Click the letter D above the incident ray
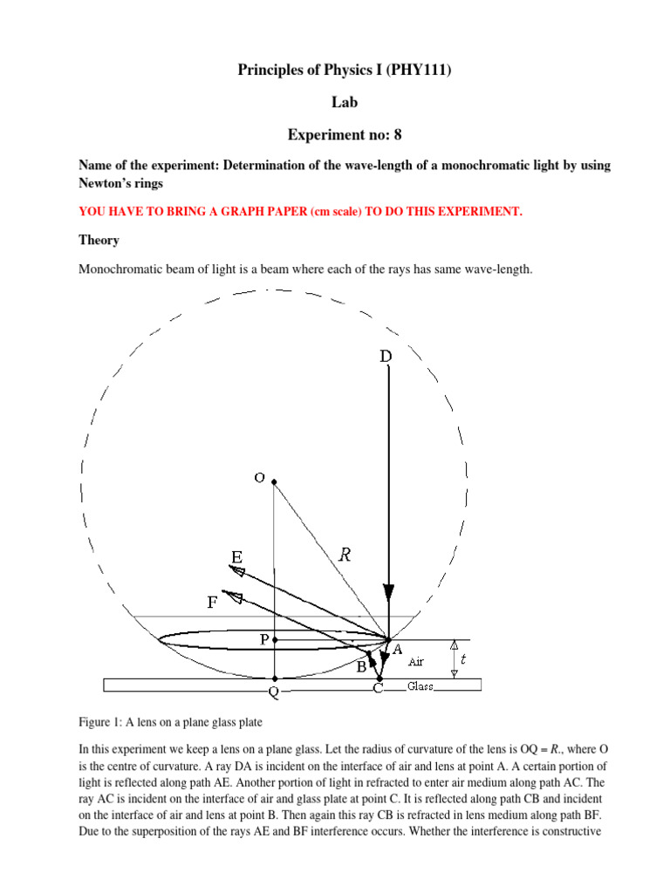pos(386,356)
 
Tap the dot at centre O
pos(274,482)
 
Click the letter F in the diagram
pos(212,601)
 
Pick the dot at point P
pos(274,640)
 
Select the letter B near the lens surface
pos(359,667)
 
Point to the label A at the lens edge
pos(397,650)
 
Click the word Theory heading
pos(99,240)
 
